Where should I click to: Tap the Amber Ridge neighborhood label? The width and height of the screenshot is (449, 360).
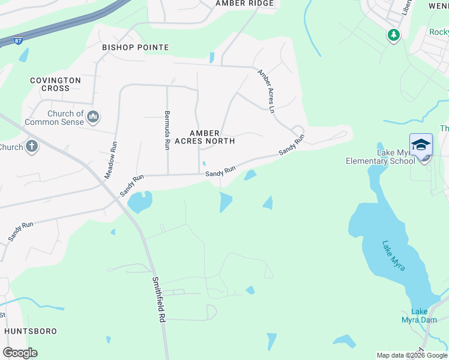point(245,4)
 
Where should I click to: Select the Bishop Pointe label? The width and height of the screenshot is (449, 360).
point(135,47)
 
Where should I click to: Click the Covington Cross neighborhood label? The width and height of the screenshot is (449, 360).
point(56,84)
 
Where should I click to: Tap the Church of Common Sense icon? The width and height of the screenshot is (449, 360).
point(92,116)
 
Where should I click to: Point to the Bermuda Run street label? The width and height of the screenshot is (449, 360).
point(167,126)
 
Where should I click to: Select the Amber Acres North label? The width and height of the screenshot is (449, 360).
point(212,137)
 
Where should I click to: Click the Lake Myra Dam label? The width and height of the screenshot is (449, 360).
point(419,315)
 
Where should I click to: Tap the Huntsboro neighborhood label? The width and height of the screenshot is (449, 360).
point(31,331)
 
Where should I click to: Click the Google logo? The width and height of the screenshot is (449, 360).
point(20,353)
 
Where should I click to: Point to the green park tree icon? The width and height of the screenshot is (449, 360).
point(393,35)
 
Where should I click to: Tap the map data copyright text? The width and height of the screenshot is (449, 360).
point(411,355)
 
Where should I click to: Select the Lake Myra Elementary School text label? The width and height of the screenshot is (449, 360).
point(380,157)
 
